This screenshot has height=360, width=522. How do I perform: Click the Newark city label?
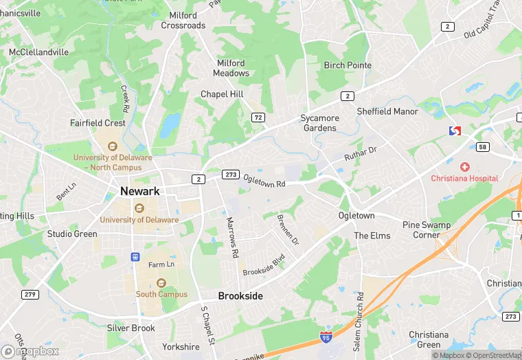140,191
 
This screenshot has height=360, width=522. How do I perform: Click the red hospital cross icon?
465,167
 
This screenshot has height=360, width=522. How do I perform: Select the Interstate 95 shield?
324,338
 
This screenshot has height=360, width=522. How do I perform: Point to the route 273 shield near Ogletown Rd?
230,175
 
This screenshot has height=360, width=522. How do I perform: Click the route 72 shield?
258,117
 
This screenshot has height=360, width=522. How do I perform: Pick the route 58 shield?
482,146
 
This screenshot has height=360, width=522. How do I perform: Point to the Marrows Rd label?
233,237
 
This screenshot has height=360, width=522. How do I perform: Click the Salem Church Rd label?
359,319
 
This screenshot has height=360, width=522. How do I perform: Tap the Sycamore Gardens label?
319,123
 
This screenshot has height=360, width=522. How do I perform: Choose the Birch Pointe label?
348,65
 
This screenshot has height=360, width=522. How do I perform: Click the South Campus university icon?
161,283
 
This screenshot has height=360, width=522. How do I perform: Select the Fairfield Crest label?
98,123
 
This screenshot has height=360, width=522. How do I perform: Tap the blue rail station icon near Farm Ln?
135,257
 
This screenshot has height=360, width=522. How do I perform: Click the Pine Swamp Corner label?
426,229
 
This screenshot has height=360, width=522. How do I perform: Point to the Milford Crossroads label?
183,21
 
